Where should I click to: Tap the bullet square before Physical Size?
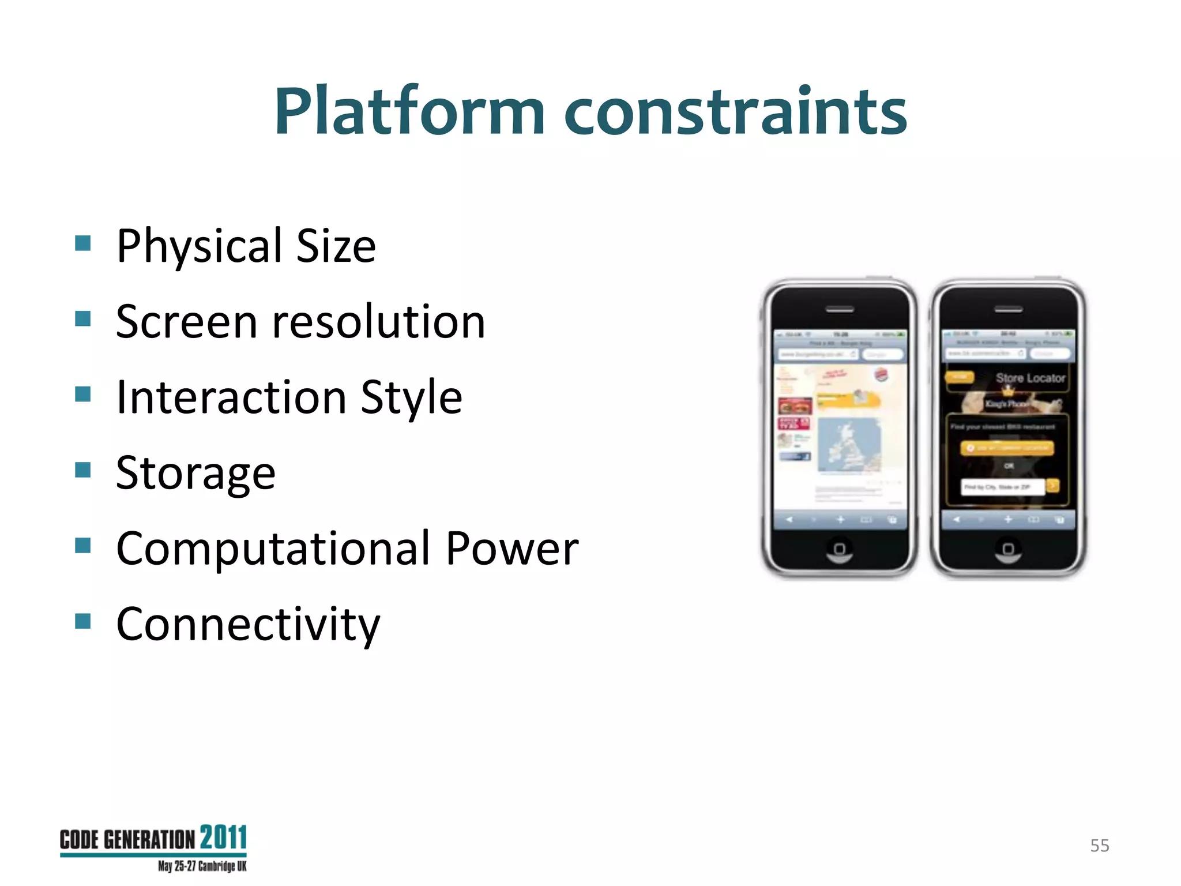(x=83, y=243)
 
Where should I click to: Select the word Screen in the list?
(x=186, y=321)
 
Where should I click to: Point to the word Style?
(x=411, y=398)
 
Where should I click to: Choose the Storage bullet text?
(x=195, y=473)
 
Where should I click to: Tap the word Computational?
(x=273, y=549)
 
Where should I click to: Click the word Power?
(x=511, y=549)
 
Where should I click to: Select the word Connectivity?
(x=248, y=624)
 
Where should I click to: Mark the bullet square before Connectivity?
(x=83, y=621)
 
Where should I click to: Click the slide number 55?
(x=1099, y=846)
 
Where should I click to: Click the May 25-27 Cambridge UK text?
(x=202, y=866)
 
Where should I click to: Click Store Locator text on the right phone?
(x=1030, y=378)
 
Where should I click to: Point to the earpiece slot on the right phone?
(x=1008, y=310)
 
